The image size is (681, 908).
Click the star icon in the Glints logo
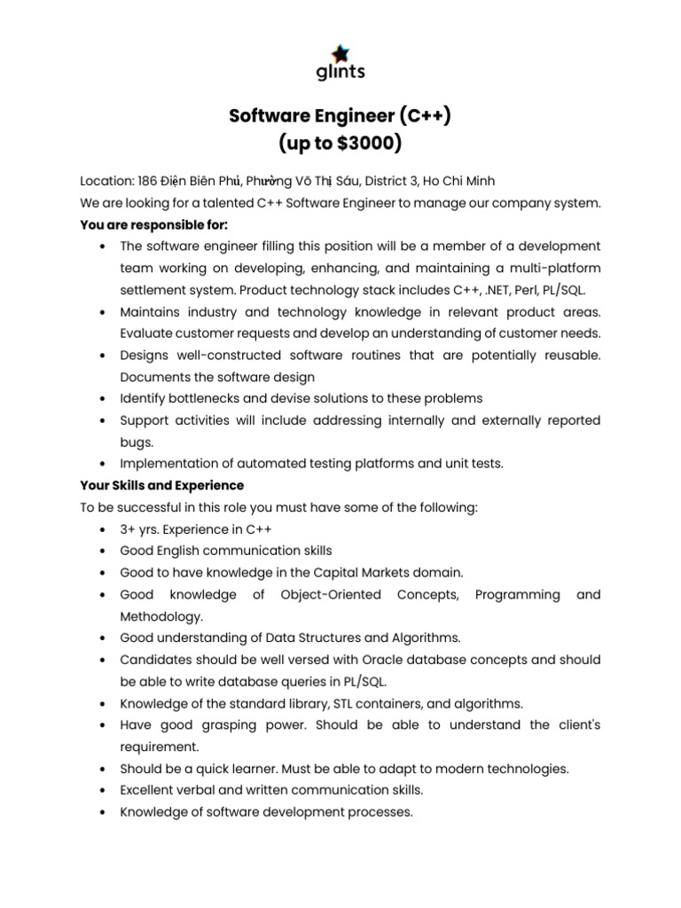coord(340,53)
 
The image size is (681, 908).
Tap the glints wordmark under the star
coord(340,72)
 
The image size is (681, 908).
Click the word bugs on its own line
coord(136,442)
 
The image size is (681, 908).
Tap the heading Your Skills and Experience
coord(162,486)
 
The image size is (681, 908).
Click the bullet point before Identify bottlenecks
coord(105,398)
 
